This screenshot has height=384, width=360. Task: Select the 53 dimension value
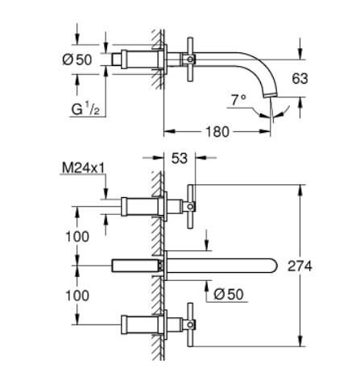point(179,159)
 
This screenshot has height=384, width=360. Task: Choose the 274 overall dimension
point(323,266)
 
